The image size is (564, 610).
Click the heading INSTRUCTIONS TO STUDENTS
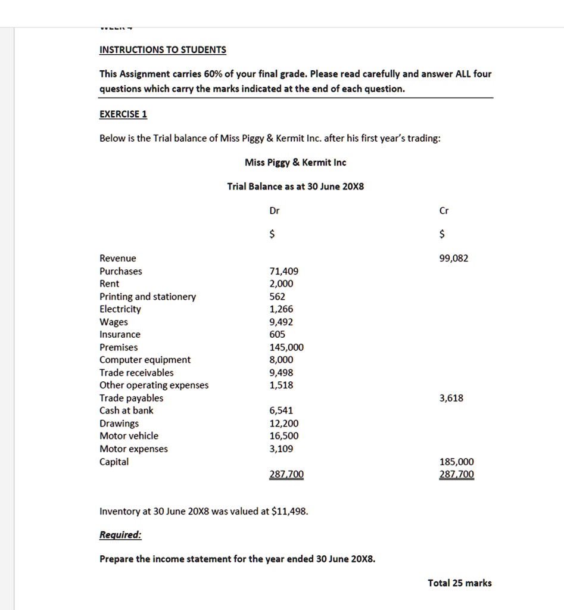(163, 50)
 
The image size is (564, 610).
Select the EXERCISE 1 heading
(123, 114)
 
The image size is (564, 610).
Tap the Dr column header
(275, 211)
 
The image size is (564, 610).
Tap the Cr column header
(444, 211)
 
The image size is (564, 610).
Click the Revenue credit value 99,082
(454, 259)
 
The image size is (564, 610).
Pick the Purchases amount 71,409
(284, 272)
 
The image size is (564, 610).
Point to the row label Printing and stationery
(148, 297)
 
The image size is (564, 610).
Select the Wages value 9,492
(282, 322)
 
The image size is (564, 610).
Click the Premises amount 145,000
(286, 347)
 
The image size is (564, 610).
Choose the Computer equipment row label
(145, 360)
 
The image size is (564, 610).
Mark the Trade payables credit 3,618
(451, 398)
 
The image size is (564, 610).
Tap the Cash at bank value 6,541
(282, 410)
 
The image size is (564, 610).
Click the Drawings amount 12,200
(284, 424)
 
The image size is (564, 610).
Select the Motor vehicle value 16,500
(284, 436)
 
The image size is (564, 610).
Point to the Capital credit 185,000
(457, 462)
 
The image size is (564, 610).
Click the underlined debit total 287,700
(286, 475)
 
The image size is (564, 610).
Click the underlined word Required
(121, 535)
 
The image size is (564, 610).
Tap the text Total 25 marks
(460, 583)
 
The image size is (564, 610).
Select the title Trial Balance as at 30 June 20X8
(295, 186)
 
